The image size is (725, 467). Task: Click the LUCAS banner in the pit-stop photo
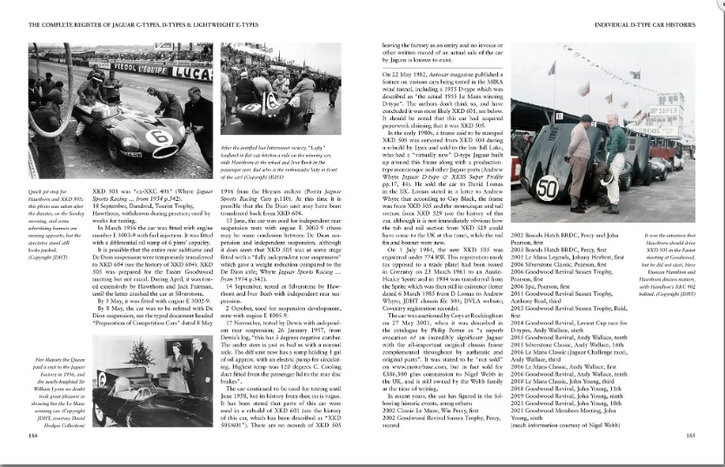coord(192,75)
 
